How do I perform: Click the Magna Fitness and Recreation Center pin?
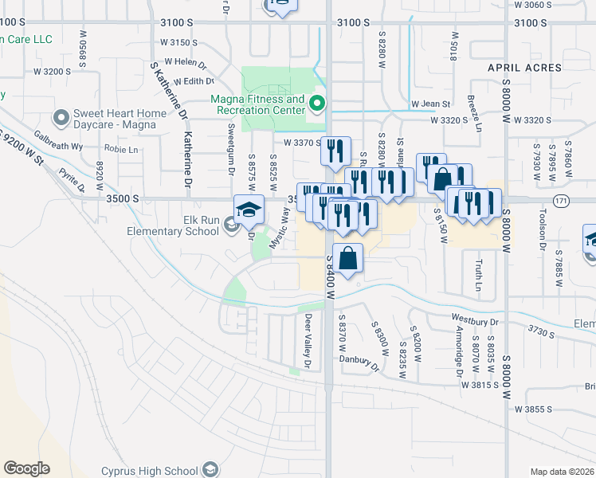(x=317, y=103)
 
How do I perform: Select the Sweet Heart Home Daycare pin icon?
(x=61, y=118)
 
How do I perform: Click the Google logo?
(x=26, y=468)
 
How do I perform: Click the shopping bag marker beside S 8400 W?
(x=348, y=258)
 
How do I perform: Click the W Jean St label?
(x=431, y=104)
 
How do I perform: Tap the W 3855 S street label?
(x=535, y=409)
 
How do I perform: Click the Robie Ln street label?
(x=121, y=149)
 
